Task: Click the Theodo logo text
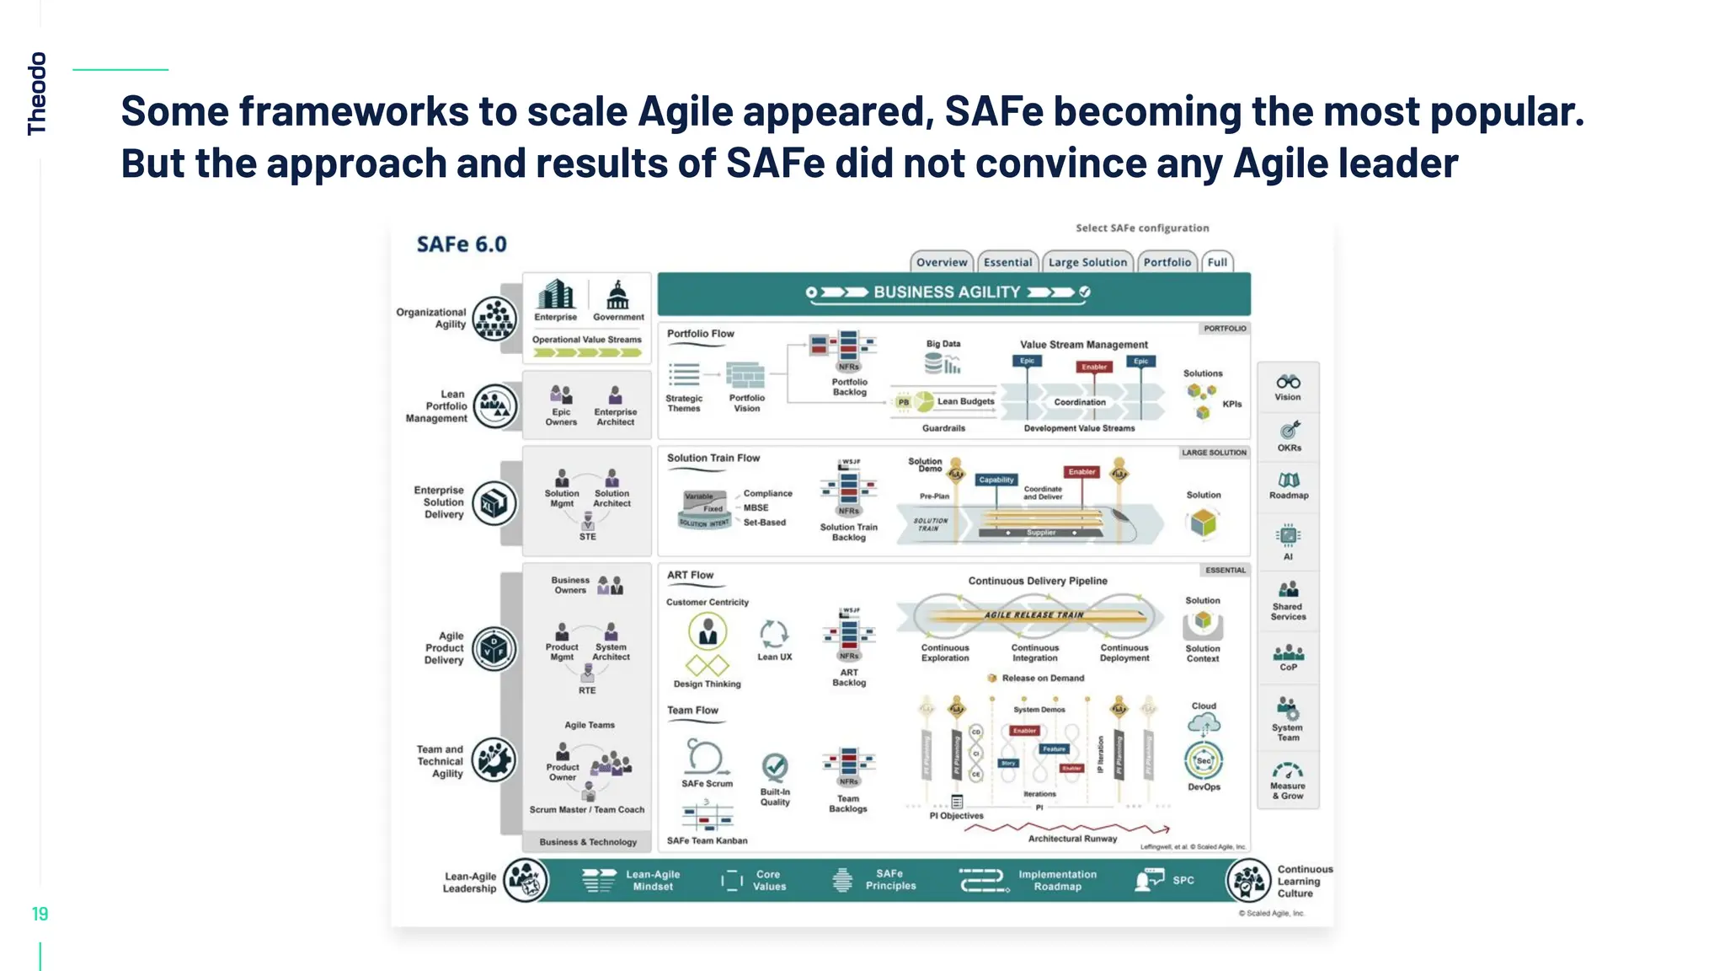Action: tap(37, 93)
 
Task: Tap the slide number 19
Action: tap(40, 914)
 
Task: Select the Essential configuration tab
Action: tap(1007, 262)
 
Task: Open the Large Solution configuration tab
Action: tap(1087, 262)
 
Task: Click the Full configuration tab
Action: tap(1217, 262)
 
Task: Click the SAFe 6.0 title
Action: tap(462, 244)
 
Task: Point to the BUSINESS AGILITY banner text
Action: tap(947, 292)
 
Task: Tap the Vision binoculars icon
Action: tap(1288, 382)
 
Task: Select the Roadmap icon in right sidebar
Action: tap(1289, 480)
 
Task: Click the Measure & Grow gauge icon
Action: tap(1288, 770)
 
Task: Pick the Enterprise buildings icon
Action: tap(556, 295)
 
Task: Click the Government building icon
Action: tap(618, 296)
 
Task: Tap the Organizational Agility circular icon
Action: tap(494, 319)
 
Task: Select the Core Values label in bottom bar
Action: tap(769, 881)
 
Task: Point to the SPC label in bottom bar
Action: tap(1183, 880)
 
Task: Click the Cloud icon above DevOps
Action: tap(1204, 723)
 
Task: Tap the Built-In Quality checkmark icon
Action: tap(775, 767)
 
